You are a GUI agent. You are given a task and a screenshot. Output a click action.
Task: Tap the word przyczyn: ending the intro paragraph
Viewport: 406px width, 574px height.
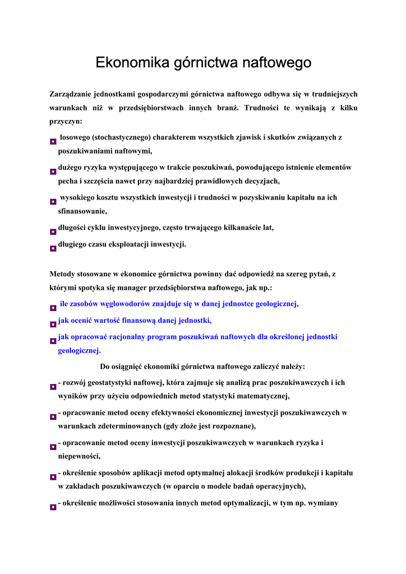[66, 121]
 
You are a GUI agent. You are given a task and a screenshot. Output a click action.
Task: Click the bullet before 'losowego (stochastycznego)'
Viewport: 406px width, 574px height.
[53, 143]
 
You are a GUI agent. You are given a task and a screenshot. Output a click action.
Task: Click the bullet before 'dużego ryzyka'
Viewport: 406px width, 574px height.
[53, 172]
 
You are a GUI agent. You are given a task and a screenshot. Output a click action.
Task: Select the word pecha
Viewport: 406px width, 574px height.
[68, 181]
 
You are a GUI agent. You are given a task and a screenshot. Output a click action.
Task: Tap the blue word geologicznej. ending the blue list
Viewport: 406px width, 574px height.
[80, 351]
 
